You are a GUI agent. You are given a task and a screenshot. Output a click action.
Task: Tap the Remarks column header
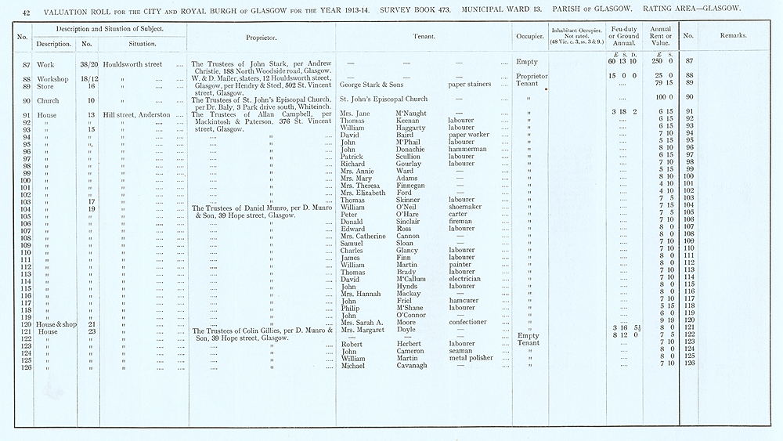pyautogui.click(x=733, y=36)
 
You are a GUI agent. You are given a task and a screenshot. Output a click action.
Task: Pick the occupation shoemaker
pyautogui.click(x=465, y=207)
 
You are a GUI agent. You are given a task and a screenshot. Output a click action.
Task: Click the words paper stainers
pyautogui.click(x=474, y=84)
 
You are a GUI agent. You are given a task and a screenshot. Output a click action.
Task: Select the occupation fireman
pyautogui.click(x=460, y=222)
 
